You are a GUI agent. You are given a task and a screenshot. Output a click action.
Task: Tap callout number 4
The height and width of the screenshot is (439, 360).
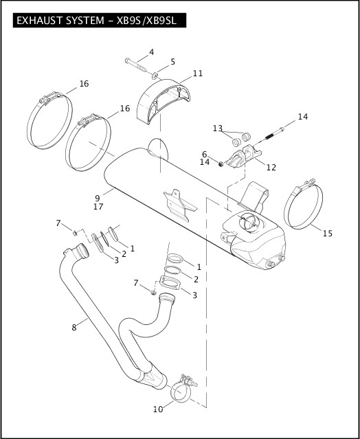(x=151, y=52)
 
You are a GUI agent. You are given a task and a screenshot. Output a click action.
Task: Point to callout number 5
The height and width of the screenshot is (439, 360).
(x=172, y=62)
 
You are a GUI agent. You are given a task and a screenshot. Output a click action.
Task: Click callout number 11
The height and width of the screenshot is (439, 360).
(x=198, y=74)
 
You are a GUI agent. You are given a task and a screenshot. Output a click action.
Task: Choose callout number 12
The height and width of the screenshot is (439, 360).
(x=271, y=167)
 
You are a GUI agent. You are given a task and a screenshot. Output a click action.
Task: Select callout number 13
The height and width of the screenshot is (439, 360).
(x=217, y=128)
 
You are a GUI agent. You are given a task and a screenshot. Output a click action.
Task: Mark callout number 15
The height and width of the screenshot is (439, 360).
(x=327, y=234)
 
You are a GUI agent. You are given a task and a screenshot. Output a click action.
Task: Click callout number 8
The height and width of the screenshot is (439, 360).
(x=74, y=328)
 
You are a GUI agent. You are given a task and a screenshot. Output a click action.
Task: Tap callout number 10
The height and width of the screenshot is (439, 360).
(x=158, y=409)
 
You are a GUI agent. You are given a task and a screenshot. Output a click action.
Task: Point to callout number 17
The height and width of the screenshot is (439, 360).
(x=98, y=207)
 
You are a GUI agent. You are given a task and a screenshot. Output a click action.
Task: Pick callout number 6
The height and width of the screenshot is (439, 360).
(x=205, y=154)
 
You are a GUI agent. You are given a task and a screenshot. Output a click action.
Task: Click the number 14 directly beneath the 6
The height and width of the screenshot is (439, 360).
(x=205, y=162)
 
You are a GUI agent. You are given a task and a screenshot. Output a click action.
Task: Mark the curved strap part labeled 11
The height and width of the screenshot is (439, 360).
(x=163, y=103)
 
